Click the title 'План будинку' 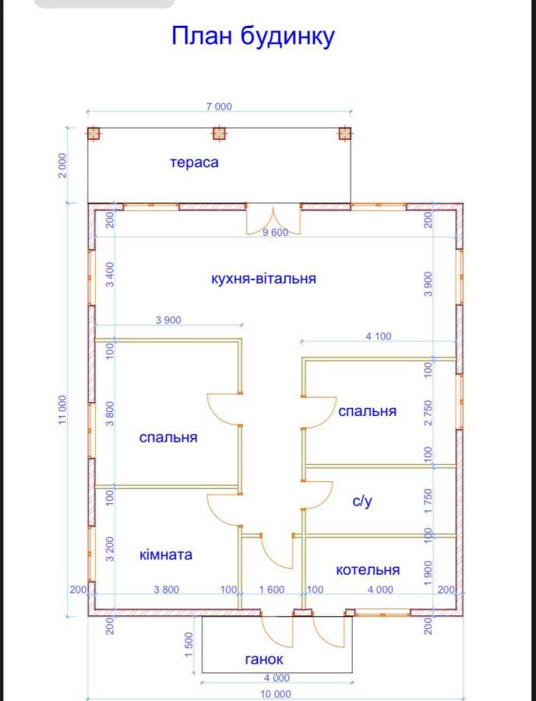point(253,37)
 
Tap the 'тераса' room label point(194,162)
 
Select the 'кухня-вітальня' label point(263,279)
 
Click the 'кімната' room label point(166,555)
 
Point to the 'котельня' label point(368,570)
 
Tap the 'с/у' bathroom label point(361,501)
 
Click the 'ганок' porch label point(264,660)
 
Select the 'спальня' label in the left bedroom point(168,437)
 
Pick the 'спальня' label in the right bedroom point(367,411)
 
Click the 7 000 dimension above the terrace point(219,107)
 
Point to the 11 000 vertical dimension point(62,410)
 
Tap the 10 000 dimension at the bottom point(275,694)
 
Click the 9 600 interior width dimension point(275,232)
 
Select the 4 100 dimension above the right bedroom point(378,336)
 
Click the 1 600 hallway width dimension point(272,590)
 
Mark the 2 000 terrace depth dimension point(62,165)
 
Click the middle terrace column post point(219,133)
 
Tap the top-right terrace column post point(344,133)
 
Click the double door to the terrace point(273,219)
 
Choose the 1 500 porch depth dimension point(189,645)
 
